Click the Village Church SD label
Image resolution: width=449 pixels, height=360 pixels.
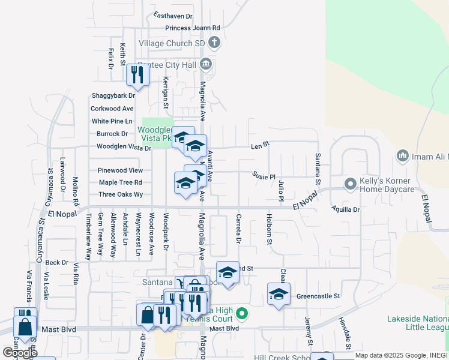pos(172,43)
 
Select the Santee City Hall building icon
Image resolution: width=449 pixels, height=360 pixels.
pos(206,64)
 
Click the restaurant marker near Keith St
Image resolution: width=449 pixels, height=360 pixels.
pos(137,75)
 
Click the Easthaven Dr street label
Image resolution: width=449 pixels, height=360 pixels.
pos(173,16)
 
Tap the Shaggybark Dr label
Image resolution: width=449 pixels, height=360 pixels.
pos(113,95)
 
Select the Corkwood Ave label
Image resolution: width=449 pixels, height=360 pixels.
pos(112,109)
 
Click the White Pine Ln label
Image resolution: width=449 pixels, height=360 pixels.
pos(112,121)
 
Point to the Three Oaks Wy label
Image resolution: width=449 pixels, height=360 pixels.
pos(121,194)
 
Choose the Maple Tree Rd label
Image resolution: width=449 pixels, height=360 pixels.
pos(120,182)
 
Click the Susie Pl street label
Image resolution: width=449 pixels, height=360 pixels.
pos(264,177)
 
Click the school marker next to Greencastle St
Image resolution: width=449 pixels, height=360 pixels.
pos(279,294)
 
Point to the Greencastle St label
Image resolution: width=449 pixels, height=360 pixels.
pos(318,296)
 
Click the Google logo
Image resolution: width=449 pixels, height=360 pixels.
pos(20,353)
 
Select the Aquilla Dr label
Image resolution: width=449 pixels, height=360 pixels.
pos(345,209)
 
